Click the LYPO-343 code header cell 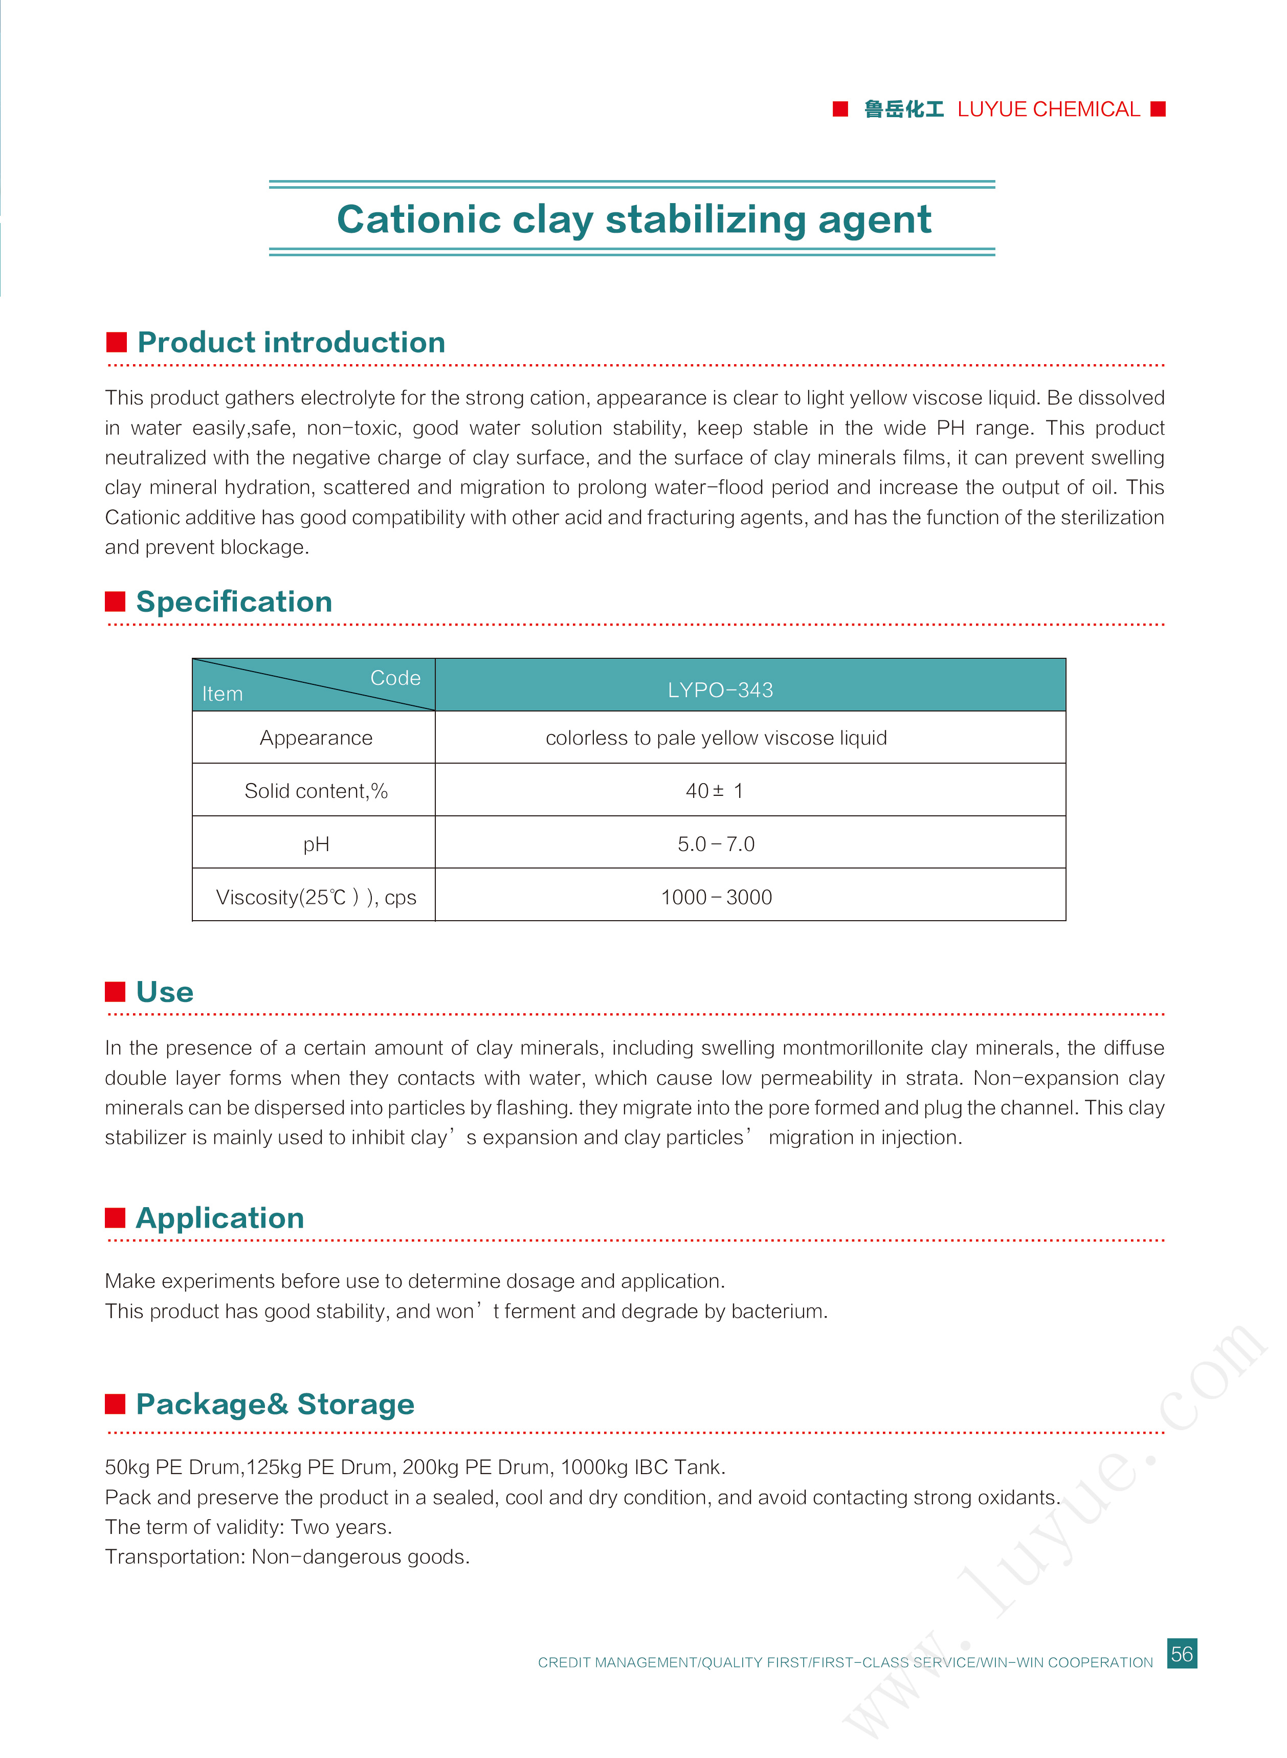point(720,689)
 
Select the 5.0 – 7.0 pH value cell point(716,843)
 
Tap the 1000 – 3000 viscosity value point(716,897)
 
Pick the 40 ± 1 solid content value point(715,791)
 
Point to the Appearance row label point(316,738)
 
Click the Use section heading point(164,992)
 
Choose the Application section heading point(219,1217)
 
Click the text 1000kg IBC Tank point(642,1466)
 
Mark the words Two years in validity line point(341,1527)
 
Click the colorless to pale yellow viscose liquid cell point(716,738)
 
